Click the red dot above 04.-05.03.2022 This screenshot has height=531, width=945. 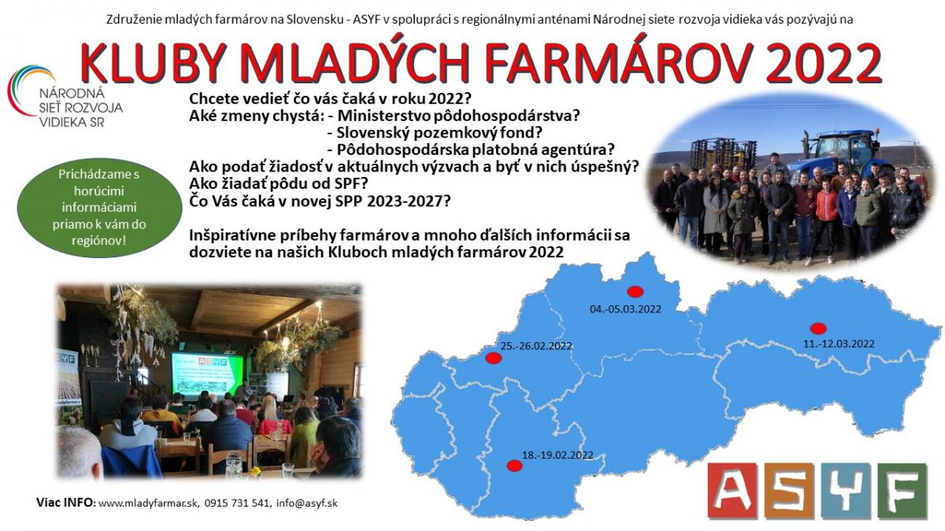(x=635, y=292)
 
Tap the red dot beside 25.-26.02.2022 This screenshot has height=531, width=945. (x=493, y=358)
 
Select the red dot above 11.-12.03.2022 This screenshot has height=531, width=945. (x=818, y=328)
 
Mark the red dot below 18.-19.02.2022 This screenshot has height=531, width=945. (x=514, y=466)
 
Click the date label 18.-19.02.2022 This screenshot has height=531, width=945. (x=558, y=455)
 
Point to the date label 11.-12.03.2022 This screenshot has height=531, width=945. (x=839, y=344)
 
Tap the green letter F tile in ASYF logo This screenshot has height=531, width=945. (x=902, y=491)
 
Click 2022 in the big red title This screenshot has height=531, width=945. (x=823, y=63)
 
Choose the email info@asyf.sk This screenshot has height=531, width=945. (x=306, y=503)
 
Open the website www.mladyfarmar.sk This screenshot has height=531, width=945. (x=148, y=503)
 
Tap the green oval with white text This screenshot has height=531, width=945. (x=99, y=208)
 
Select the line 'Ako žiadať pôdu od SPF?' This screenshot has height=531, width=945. (x=279, y=184)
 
